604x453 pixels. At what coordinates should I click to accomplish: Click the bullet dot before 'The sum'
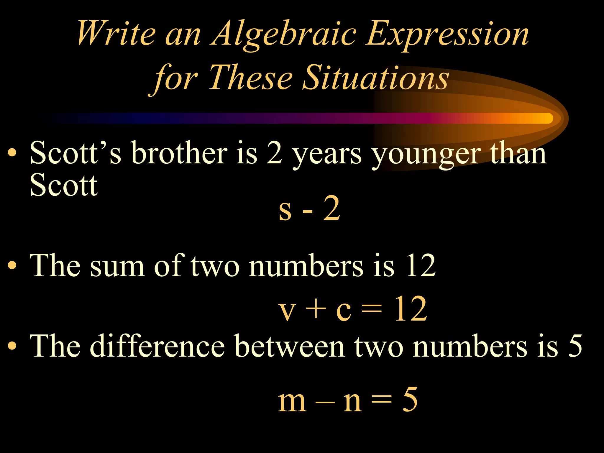tap(12, 265)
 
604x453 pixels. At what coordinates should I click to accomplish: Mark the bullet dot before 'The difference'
tap(12, 346)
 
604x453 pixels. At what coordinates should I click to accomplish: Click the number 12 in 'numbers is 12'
tap(421, 265)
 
